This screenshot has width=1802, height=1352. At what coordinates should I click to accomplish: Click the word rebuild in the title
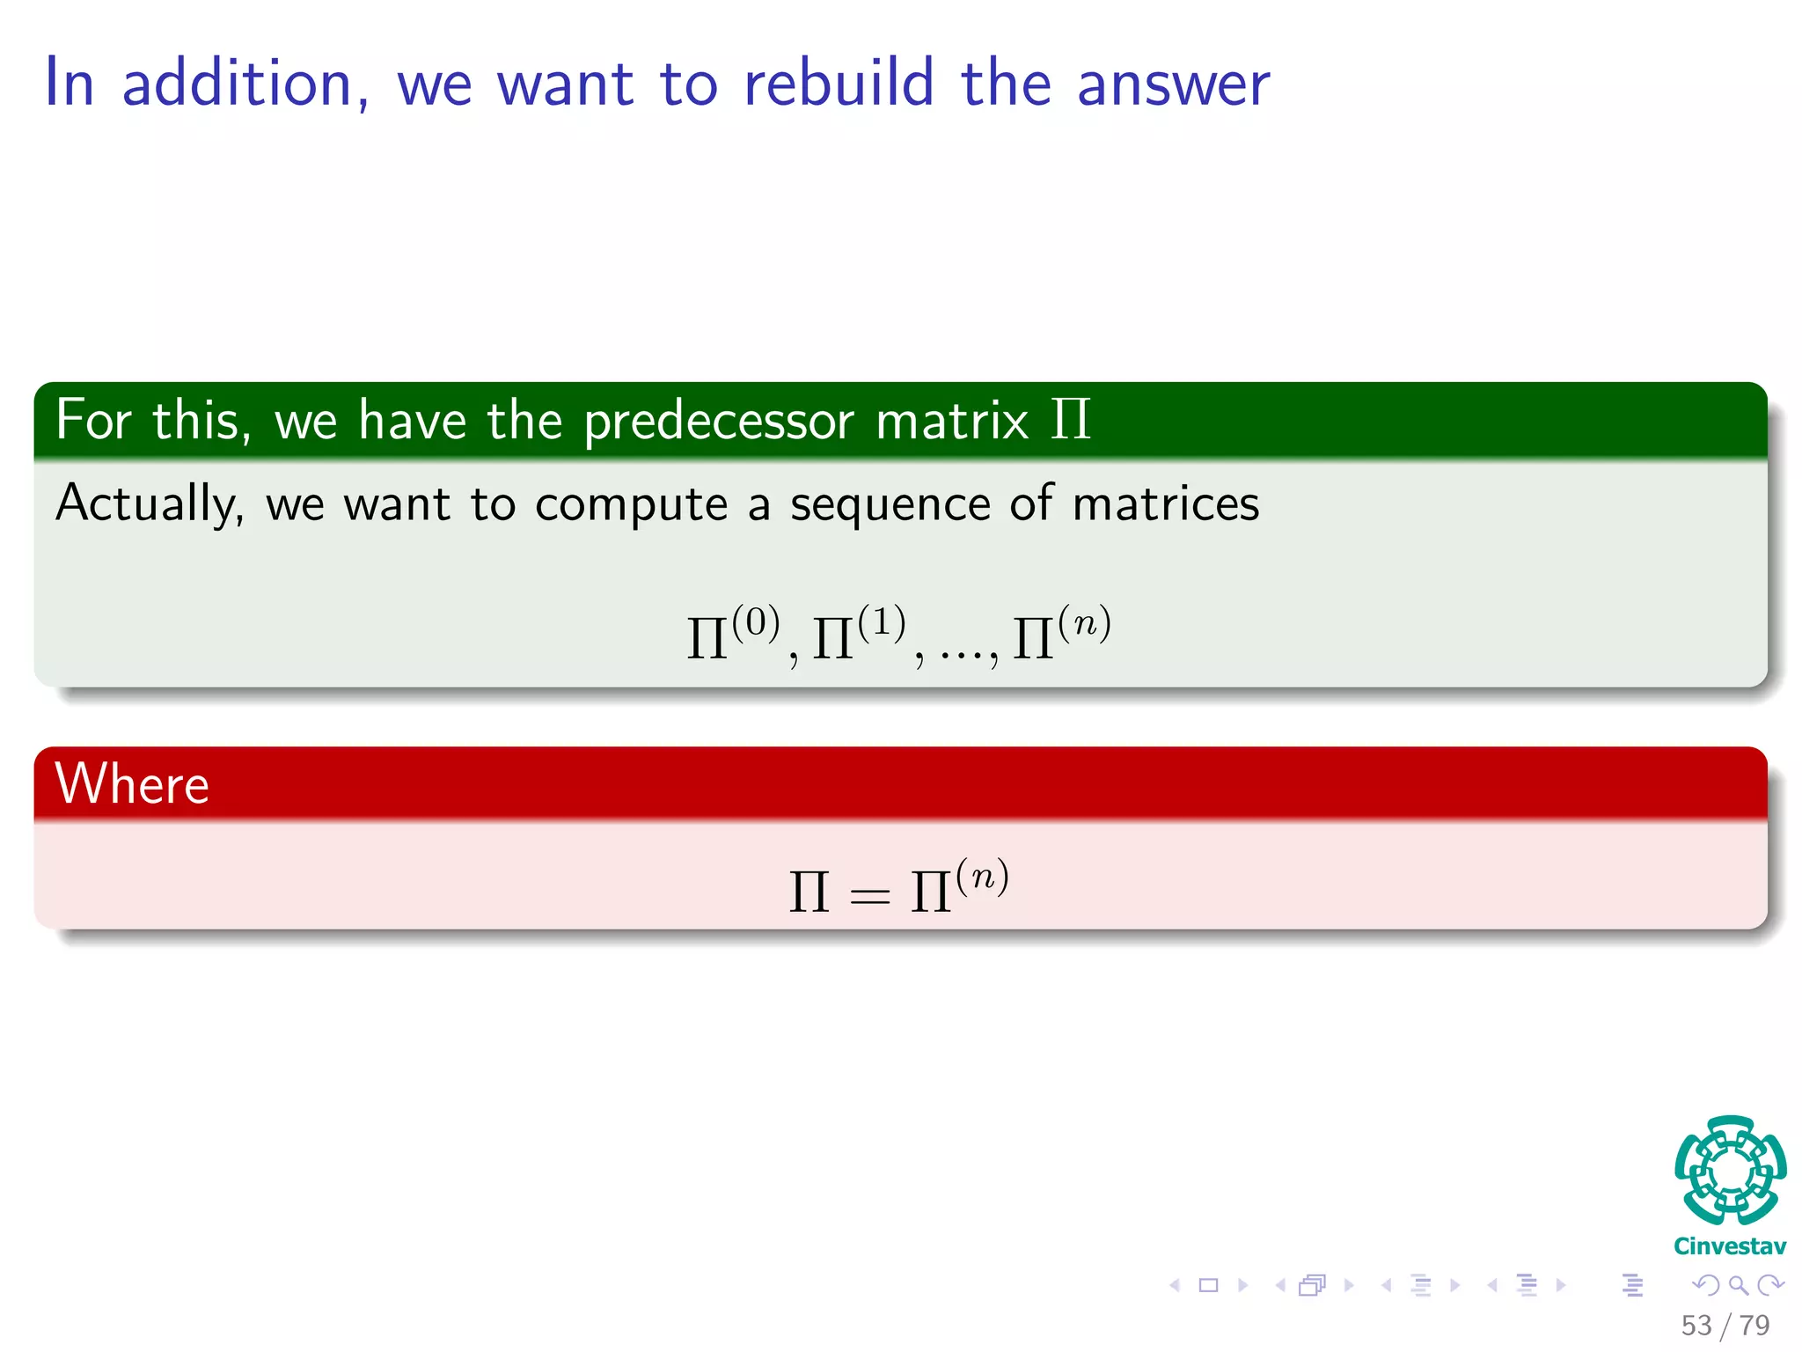[838, 84]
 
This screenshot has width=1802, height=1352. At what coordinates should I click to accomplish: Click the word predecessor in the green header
[718, 421]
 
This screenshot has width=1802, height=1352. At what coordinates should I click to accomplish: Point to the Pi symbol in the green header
[1070, 419]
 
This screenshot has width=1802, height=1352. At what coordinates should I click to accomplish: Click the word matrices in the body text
[1165, 504]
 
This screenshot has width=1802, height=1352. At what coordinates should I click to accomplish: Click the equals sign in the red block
[869, 896]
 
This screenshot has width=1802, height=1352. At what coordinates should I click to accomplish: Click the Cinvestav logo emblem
[1730, 1171]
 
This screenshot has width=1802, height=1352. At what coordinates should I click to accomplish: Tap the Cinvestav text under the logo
[1730, 1246]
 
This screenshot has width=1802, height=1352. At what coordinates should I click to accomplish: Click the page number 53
[1696, 1326]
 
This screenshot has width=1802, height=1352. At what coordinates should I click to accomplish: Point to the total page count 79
[1754, 1326]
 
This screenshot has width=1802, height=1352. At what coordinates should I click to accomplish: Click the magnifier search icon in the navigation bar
[1738, 1286]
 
